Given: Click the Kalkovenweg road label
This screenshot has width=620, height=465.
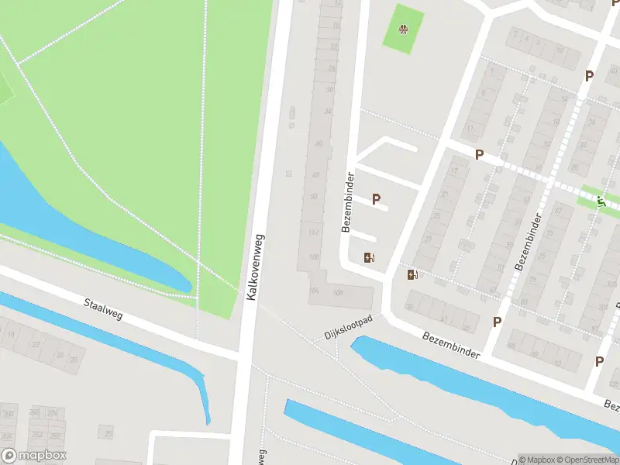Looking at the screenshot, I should (254, 268).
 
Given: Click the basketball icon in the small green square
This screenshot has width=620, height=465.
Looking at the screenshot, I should (403, 29).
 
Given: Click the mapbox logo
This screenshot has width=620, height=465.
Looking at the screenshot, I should (35, 456).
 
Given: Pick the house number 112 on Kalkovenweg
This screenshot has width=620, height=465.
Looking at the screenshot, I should (313, 232).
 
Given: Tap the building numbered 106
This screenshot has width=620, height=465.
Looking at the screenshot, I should (338, 293).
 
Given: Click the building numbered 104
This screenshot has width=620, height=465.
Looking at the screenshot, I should (313, 291).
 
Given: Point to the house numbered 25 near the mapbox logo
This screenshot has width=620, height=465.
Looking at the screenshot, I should (109, 431).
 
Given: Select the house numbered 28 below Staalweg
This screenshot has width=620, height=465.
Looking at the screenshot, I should (74, 359).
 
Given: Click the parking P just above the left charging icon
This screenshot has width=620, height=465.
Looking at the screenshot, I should (377, 199).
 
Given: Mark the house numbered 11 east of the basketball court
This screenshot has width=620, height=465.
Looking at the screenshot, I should (470, 128).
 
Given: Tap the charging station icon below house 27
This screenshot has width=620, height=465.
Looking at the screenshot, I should (413, 274).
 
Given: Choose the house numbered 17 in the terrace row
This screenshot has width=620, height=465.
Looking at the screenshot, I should (454, 170).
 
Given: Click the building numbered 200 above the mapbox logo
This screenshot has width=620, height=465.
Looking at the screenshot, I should (9, 414).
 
